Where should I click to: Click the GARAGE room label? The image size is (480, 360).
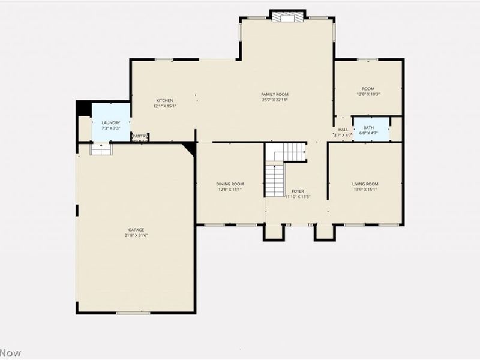136,230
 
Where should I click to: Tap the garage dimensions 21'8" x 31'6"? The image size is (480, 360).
136,236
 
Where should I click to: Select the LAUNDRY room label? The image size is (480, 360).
111,122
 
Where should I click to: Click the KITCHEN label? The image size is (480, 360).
164,100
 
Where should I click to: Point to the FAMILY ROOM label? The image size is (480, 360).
275,94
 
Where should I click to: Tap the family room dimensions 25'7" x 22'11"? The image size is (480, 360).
275,100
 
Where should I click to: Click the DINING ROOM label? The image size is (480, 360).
230,184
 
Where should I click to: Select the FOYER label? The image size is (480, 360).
298,191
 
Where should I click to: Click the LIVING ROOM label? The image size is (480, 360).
365,184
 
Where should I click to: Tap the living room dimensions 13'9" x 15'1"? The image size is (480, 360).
365,190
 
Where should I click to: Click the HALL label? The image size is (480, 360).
343,130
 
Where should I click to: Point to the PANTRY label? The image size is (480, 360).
140,136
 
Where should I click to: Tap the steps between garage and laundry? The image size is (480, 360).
101,149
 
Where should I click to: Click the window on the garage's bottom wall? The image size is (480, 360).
133,313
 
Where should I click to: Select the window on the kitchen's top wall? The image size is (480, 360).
164,59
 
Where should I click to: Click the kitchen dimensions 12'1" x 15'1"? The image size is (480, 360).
164,106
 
